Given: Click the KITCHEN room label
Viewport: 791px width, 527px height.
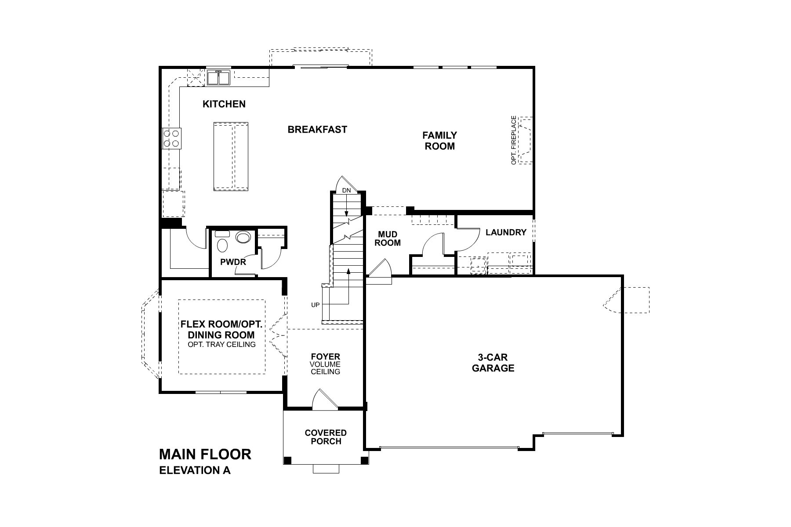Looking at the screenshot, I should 224,104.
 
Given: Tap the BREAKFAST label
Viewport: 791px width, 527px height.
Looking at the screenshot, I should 317,130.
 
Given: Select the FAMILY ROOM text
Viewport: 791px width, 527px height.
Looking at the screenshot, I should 439,141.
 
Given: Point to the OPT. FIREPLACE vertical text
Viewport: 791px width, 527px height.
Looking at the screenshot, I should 513,140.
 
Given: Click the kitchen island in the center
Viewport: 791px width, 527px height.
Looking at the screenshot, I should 231,157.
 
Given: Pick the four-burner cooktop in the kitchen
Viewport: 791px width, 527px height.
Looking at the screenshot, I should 171,137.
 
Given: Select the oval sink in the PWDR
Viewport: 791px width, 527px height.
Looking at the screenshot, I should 243,238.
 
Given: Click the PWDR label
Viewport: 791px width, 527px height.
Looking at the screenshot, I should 233,262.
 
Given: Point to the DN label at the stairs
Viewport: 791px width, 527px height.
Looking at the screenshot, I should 347,191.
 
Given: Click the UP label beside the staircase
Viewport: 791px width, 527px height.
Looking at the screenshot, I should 315,305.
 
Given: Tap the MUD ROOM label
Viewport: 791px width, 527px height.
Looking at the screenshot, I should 388,238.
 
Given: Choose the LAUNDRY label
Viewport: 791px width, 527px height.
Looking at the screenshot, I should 506,232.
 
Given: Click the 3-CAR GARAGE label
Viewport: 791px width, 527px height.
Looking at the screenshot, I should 493,363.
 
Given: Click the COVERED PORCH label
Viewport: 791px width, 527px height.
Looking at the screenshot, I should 326,437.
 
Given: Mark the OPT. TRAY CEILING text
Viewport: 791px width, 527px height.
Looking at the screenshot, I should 221,344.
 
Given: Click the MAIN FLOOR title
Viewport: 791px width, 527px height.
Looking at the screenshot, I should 205,454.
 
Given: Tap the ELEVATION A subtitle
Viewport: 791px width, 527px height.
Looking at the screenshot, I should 194,470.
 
